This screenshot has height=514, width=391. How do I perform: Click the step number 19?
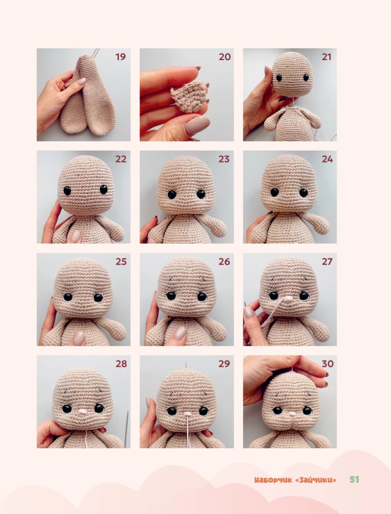[120, 57]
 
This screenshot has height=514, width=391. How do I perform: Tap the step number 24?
[327, 159]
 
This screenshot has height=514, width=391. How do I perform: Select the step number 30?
[327, 364]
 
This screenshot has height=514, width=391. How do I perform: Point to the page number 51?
[354, 480]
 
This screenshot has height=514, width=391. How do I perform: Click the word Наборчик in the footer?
[272, 480]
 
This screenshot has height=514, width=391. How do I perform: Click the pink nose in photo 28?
[82, 411]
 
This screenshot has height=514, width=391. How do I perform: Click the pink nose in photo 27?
[288, 298]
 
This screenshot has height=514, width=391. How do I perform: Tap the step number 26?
[224, 262]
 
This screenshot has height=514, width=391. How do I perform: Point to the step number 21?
[327, 57]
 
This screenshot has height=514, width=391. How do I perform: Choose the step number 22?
[120, 159]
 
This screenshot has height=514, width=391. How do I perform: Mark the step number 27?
[327, 262]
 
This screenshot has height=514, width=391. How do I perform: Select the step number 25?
[120, 262]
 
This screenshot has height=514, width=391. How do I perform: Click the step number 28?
[120, 364]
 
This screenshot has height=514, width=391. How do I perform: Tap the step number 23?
[224, 159]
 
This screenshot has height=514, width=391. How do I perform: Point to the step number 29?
[224, 364]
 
